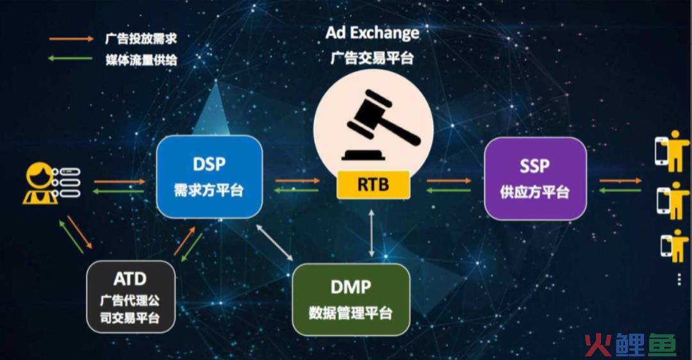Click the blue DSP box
pos(209,177)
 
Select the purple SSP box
pos(535,178)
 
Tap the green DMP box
pos(351,300)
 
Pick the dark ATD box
pos(131,297)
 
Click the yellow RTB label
pos(373,184)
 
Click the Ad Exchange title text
pos(372,33)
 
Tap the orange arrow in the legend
pos(71,39)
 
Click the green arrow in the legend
pos(70,58)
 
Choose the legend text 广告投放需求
pos(141,38)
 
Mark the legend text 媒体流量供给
pos(141,59)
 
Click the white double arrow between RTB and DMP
pos(372,233)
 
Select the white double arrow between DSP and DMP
pos(274,242)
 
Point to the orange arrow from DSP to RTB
pos(297,181)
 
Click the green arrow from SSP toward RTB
pos(449,191)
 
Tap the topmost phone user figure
pos(672,151)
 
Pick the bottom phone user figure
pos(675,246)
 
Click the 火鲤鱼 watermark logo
pos(630,345)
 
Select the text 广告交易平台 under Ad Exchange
pos(372,58)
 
